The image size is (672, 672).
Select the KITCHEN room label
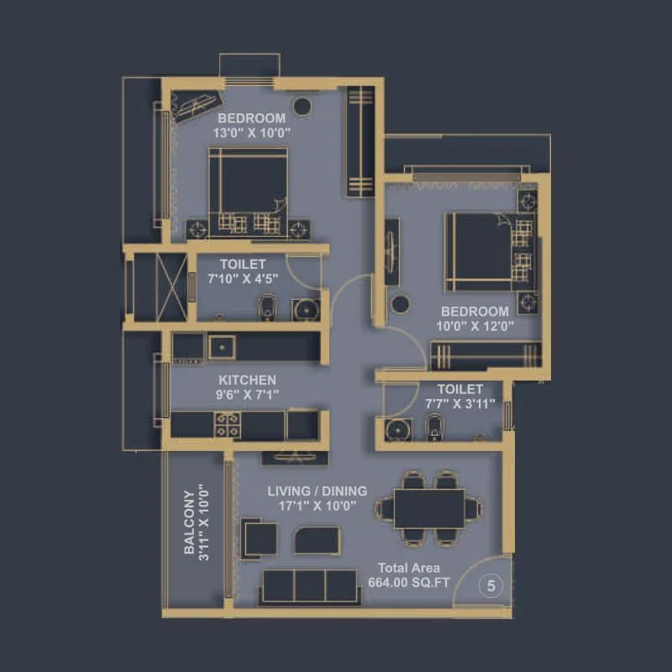coord(248,381)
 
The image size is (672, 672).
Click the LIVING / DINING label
coord(317,491)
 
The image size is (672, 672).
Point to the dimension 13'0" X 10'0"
coord(250,132)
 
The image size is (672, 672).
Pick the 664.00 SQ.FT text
coord(408,582)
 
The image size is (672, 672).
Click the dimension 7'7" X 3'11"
coord(460,403)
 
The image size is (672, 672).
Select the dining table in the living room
coord(428,508)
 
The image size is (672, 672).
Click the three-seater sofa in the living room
coord(308,586)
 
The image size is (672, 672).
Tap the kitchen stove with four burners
coord(226,424)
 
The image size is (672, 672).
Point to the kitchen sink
coord(223,346)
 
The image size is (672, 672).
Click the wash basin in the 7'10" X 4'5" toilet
coord(306,308)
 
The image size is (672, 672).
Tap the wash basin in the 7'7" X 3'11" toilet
coord(396,429)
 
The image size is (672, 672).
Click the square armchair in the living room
coord(259,538)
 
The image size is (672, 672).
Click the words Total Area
coord(408,568)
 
